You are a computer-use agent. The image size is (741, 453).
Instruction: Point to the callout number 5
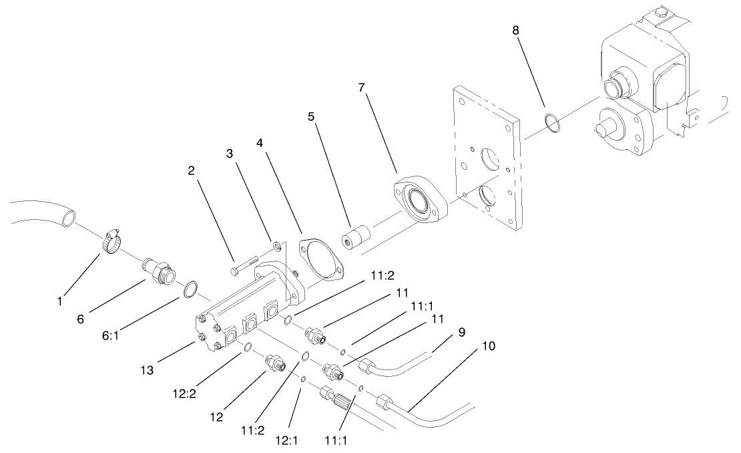tap(311, 116)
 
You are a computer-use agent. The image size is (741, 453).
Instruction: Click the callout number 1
tap(60, 301)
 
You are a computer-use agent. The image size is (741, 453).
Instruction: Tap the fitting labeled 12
tap(274, 364)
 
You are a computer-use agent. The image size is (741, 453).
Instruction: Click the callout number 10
tap(488, 347)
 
